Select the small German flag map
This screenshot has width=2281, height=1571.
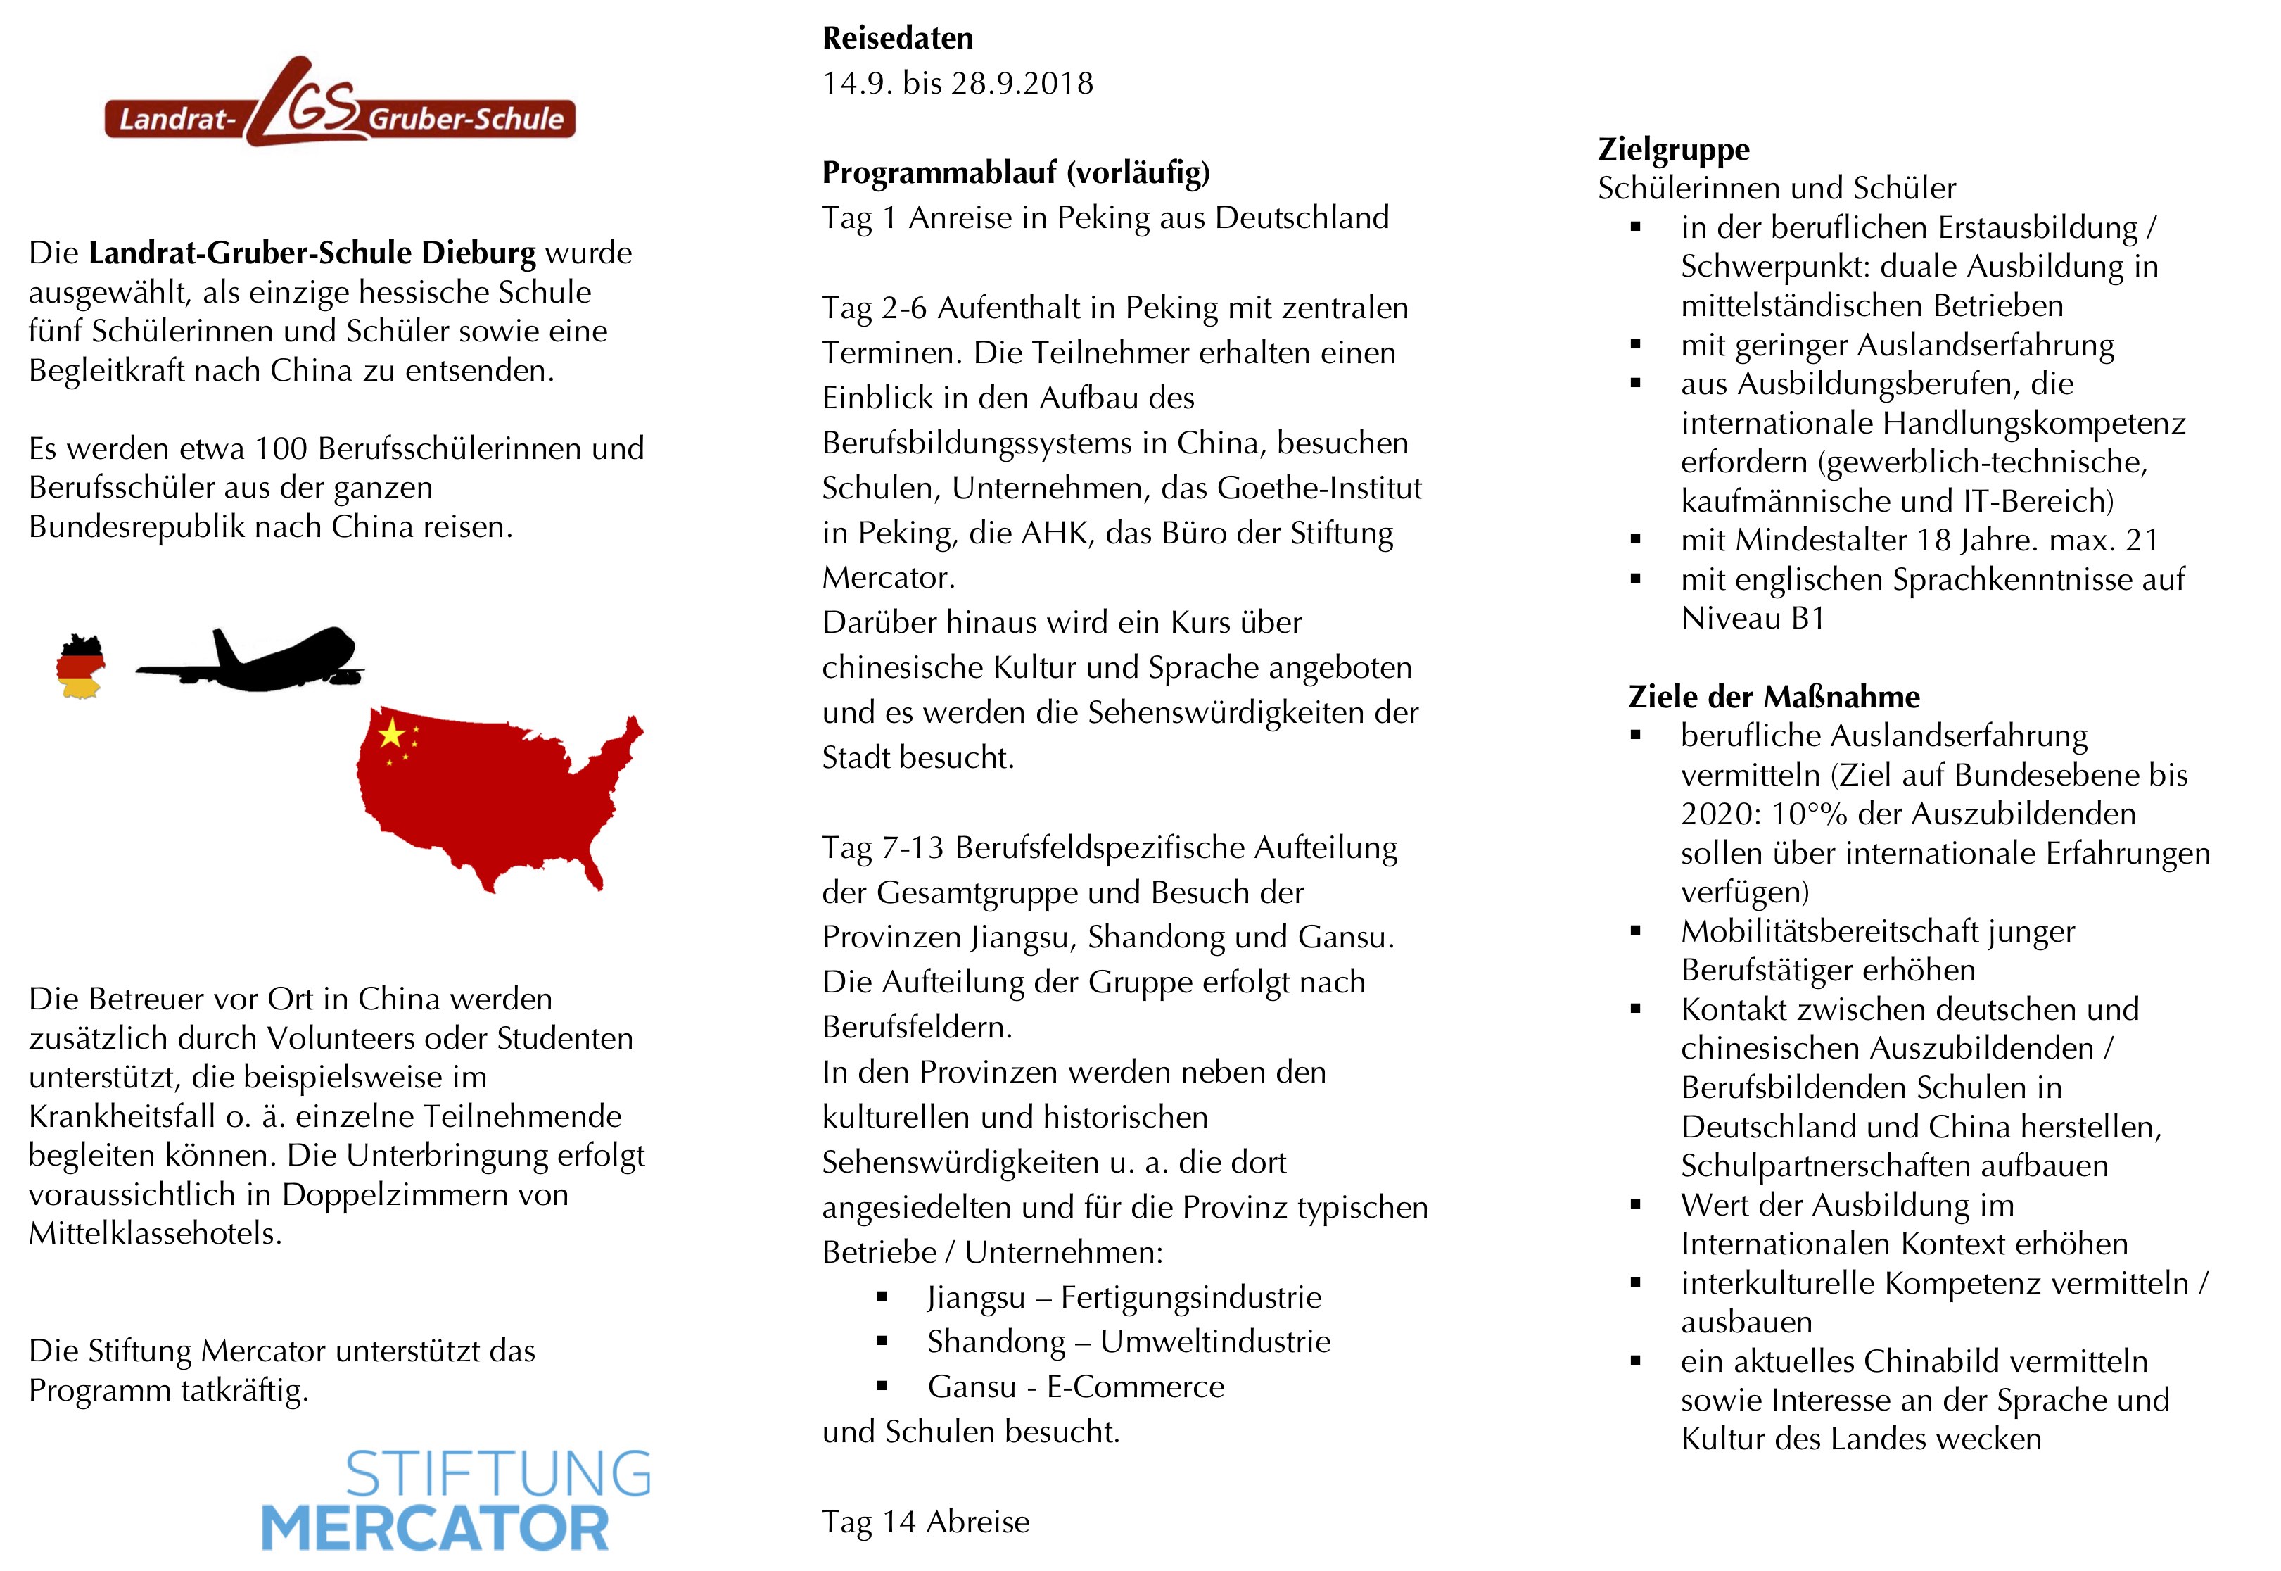pos(81,667)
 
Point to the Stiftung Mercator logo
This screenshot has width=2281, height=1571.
pos(456,1500)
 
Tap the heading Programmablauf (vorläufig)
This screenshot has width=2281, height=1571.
pos(1015,173)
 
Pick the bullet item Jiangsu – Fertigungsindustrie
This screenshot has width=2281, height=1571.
pos(1124,1297)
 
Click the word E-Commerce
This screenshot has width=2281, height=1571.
pos(1136,1387)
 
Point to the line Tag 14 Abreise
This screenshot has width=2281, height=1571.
pos(926,1522)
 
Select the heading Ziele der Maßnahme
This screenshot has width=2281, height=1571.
pos(1773,697)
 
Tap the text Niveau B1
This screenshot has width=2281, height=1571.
pos(1753,618)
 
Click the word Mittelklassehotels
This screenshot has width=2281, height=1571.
pos(155,1233)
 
